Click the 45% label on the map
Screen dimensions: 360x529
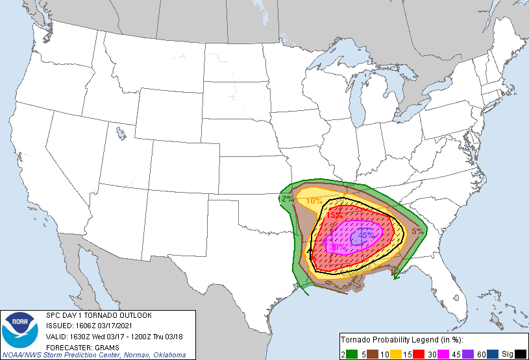point(366,235)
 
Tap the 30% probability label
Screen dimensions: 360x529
point(338,247)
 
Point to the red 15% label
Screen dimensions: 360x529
point(334,215)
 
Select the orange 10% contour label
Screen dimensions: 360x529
point(314,201)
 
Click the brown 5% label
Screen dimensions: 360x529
point(417,231)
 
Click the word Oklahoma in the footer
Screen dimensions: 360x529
point(168,355)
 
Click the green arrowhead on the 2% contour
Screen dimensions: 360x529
point(396,277)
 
